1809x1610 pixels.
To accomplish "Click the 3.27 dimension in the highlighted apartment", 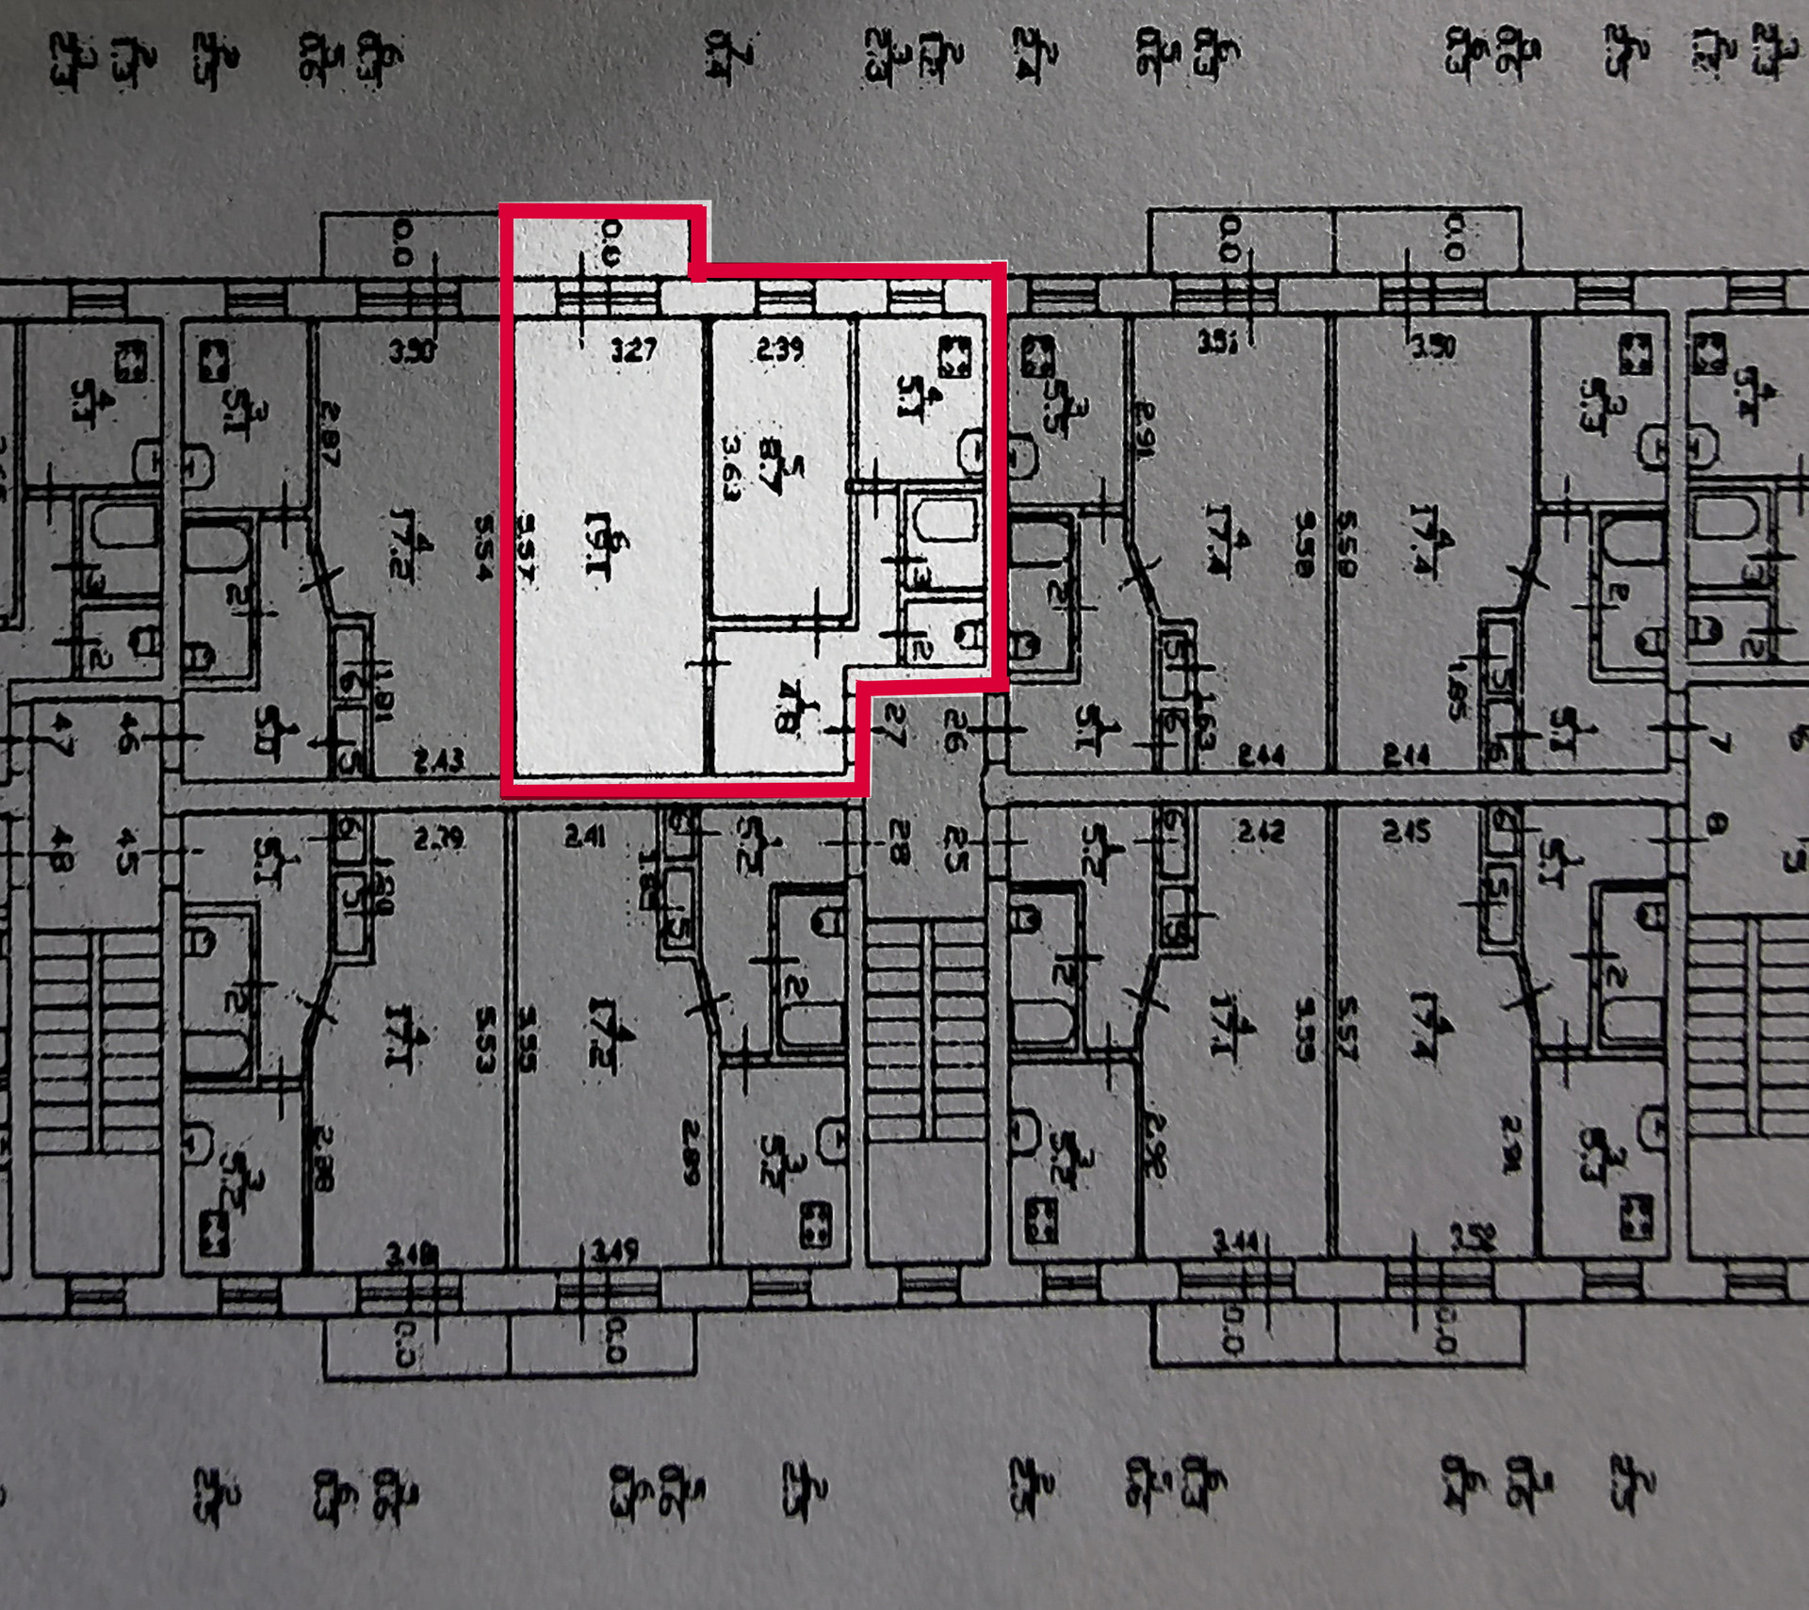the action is pyautogui.click(x=633, y=350).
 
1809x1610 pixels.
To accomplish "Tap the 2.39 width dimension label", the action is pyautogui.click(x=780, y=350).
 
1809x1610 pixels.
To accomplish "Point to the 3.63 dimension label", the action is pyautogui.click(x=731, y=468).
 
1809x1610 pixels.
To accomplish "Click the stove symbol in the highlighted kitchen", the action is pyautogui.click(x=955, y=357).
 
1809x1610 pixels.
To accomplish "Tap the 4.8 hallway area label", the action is pyautogui.click(x=784, y=708).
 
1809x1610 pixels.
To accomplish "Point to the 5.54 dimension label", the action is pyautogui.click(x=484, y=546).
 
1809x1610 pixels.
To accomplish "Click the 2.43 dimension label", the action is pyautogui.click(x=438, y=760).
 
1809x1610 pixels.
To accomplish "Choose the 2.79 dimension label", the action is pyautogui.click(x=438, y=837).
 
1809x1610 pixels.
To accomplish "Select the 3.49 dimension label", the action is pyautogui.click(x=614, y=1252).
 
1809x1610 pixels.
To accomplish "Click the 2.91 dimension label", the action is pyautogui.click(x=1144, y=431).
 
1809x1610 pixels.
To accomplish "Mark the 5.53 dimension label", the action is pyautogui.click(x=484, y=1040).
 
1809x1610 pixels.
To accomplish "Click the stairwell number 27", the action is pyautogui.click(x=895, y=726).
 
